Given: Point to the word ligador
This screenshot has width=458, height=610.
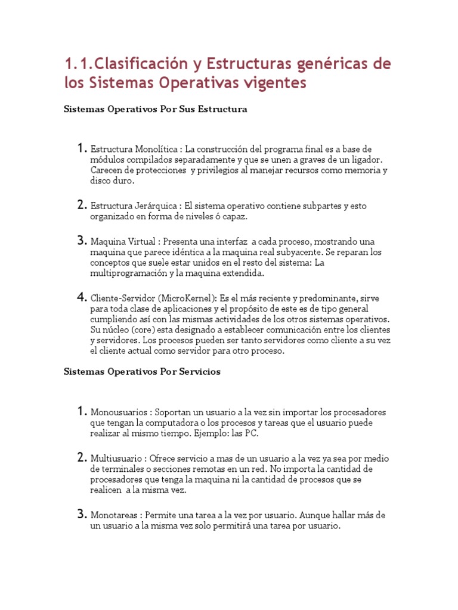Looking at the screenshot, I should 364,159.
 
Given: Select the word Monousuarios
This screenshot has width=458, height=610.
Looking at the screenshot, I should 119,412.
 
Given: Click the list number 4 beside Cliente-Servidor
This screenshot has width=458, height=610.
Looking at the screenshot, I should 82,297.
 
